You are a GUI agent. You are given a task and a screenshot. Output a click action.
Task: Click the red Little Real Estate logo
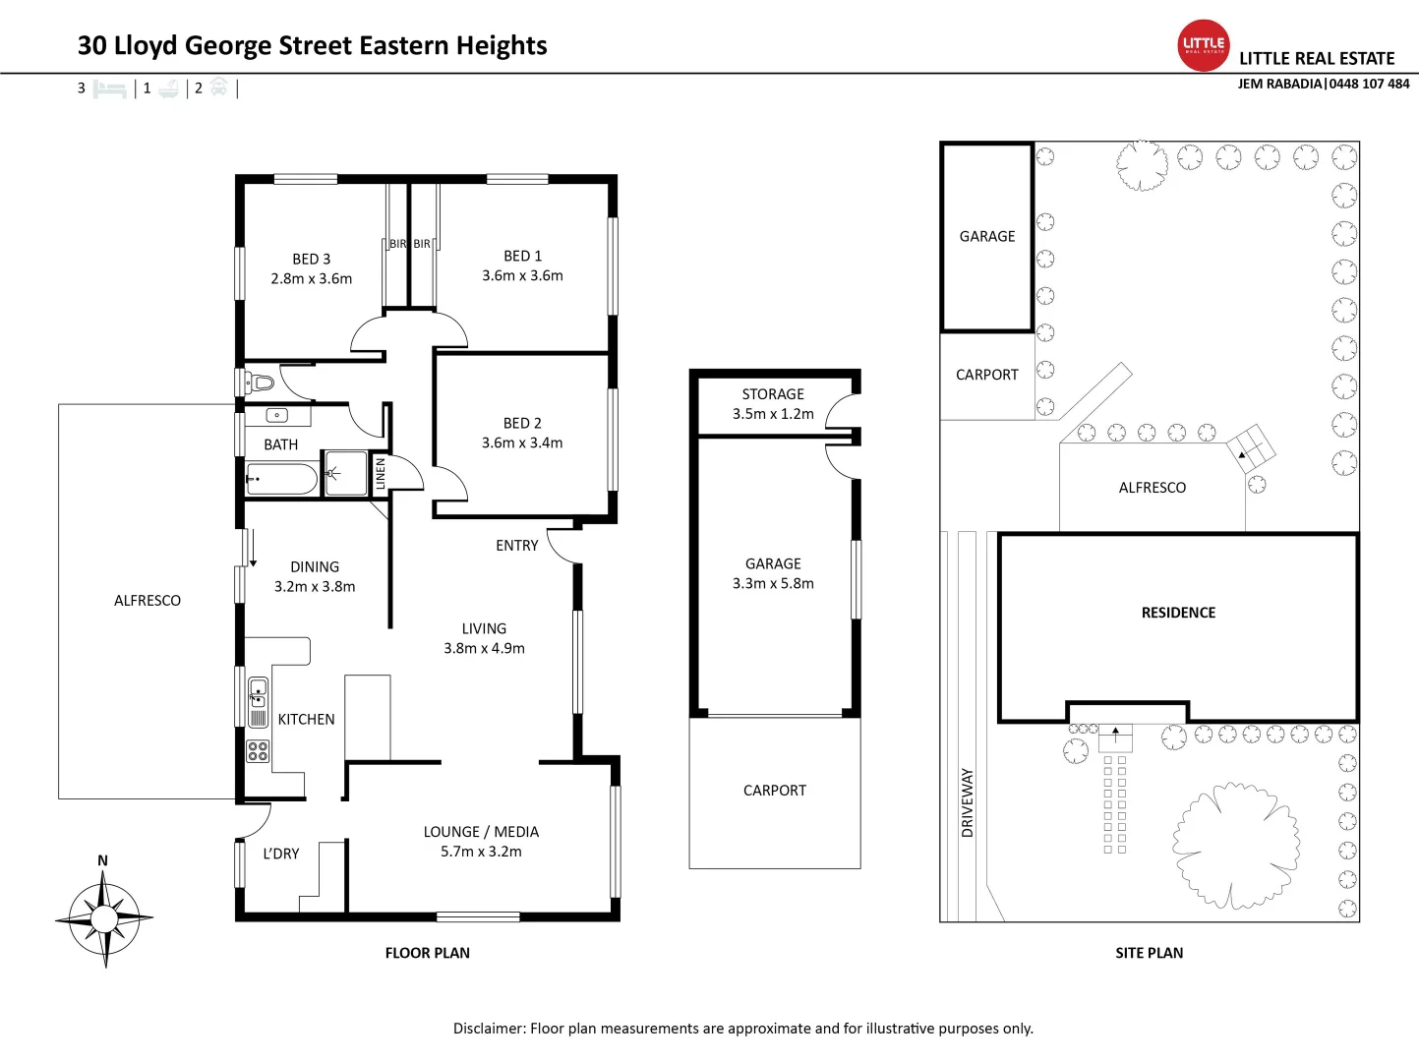point(1204,45)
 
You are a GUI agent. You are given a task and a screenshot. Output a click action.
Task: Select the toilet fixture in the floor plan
point(259,382)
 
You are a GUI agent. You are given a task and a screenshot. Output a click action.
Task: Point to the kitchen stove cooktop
point(258,751)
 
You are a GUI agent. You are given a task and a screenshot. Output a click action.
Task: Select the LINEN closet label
point(381,474)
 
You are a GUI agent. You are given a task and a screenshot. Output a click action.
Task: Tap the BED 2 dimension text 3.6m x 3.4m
point(522,443)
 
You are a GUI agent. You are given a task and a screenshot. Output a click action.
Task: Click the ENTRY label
point(516,546)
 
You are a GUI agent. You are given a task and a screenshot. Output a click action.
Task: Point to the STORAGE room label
point(773,394)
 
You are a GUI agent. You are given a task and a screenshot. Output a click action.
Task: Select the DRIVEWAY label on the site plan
point(967,802)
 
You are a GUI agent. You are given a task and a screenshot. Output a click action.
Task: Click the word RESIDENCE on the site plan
point(1178,613)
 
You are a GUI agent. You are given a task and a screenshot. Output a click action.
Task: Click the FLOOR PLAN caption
point(427,953)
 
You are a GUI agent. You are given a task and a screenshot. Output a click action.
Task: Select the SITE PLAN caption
point(1149,953)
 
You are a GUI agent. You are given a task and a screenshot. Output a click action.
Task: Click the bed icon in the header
point(109,88)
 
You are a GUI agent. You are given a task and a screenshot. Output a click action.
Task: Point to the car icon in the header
point(218,88)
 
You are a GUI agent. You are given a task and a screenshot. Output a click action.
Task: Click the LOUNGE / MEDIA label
point(481,832)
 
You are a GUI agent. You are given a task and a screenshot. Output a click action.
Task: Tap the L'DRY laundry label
point(280,854)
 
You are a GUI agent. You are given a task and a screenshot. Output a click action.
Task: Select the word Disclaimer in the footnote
point(488,1029)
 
